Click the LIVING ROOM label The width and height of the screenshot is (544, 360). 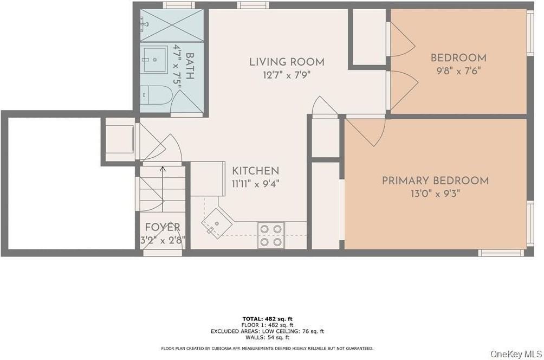point(287,62)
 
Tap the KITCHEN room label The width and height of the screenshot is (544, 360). point(255,171)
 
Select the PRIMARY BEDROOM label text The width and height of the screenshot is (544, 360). point(435,181)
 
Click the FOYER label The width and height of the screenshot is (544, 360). point(162,227)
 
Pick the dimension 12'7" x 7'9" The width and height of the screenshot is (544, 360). point(287,75)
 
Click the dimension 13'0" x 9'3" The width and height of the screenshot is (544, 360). point(435,194)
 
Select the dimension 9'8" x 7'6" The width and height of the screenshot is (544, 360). point(458,70)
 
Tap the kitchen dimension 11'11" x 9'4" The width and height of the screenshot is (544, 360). point(255,184)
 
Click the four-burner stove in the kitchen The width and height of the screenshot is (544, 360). point(270,235)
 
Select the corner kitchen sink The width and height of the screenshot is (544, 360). point(217,223)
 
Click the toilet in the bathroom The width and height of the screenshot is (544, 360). point(156,95)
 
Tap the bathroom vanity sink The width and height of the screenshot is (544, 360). point(154,59)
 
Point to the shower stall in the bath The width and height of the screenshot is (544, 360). point(172,25)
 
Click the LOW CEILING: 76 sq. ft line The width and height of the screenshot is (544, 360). point(267,331)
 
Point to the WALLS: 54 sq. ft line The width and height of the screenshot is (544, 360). point(267,337)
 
